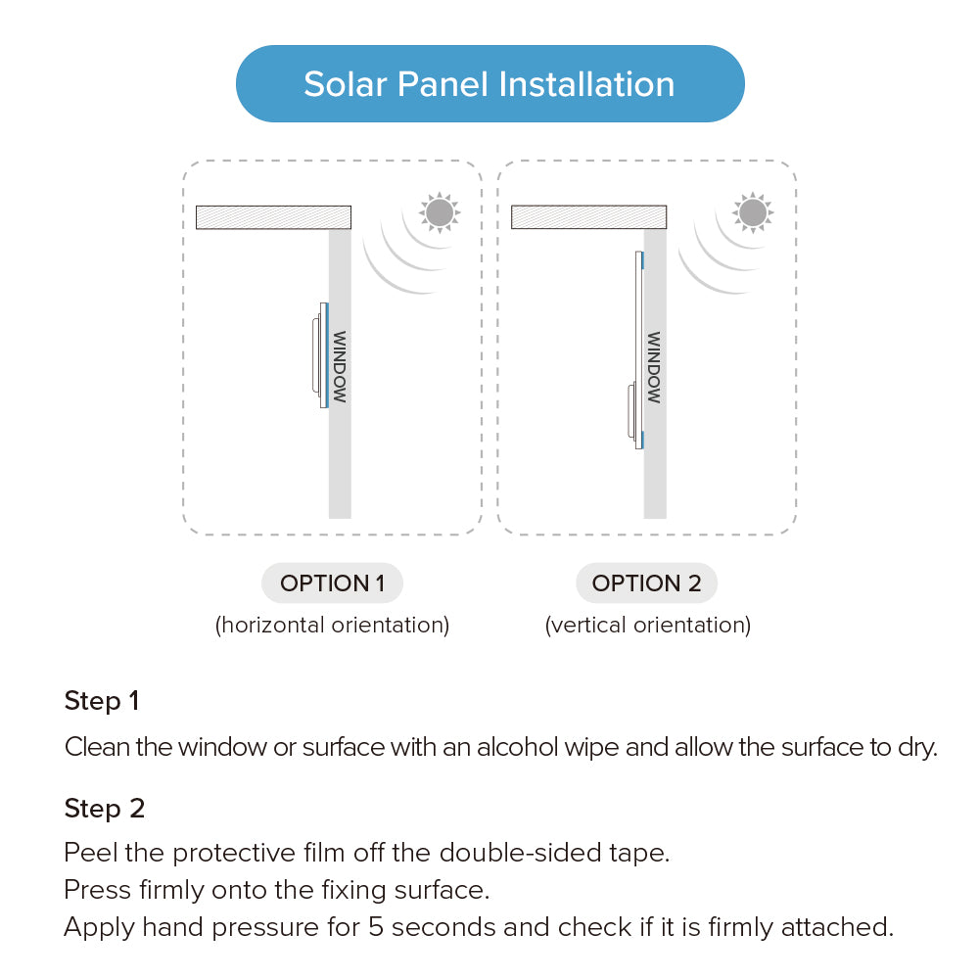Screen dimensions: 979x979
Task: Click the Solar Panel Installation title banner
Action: click(x=490, y=83)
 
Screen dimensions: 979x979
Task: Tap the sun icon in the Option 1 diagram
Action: click(x=440, y=212)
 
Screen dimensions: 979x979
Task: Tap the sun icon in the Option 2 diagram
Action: click(x=753, y=212)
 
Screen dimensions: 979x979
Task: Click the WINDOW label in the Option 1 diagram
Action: click(x=339, y=366)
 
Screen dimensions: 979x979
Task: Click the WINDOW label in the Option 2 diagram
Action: click(x=653, y=366)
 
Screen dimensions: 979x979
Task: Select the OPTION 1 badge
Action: click(x=332, y=583)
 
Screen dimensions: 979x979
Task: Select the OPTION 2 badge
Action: click(x=647, y=583)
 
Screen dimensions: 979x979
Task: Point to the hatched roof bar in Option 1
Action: click(x=273, y=217)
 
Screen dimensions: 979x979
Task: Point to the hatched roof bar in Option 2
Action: click(x=588, y=217)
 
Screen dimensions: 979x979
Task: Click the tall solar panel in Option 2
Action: click(x=638, y=350)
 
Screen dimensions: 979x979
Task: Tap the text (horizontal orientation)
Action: click(x=332, y=625)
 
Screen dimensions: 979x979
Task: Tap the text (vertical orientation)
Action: click(x=648, y=625)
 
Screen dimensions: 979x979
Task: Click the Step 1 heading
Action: click(x=102, y=701)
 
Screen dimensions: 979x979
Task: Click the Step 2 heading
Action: click(x=105, y=809)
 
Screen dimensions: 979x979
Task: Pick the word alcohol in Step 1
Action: click(x=518, y=747)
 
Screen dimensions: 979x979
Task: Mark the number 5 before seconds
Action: click(x=376, y=927)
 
